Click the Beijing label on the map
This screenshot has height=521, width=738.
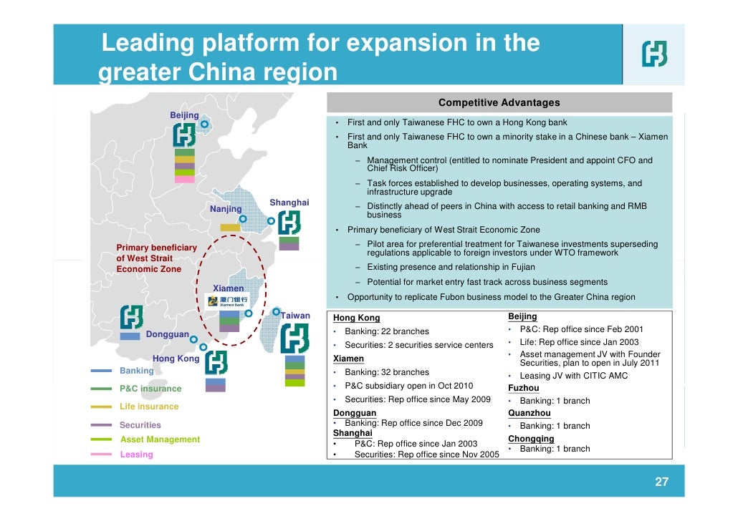(184, 115)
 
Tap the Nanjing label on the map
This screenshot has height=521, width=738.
(226, 209)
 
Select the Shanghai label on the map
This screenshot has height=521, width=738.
(289, 203)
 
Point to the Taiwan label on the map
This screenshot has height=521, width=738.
(295, 316)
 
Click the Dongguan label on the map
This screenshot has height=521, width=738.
(168, 334)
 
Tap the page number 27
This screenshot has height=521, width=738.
(661, 482)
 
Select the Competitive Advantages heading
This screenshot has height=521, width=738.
(499, 103)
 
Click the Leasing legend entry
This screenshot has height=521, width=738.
(136, 454)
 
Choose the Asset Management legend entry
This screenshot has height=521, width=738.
(160, 439)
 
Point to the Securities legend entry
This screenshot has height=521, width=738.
(140, 425)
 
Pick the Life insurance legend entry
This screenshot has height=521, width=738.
(149, 406)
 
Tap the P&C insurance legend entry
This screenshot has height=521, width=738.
(150, 389)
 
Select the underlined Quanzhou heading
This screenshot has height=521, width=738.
(529, 413)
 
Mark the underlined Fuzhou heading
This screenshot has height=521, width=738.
(524, 388)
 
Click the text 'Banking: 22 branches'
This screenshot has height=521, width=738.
(387, 331)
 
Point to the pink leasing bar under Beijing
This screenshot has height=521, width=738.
(184, 180)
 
